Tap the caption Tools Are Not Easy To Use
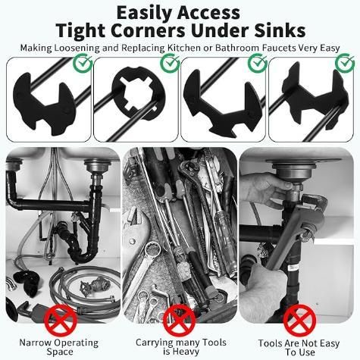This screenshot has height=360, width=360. tap(297, 346)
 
